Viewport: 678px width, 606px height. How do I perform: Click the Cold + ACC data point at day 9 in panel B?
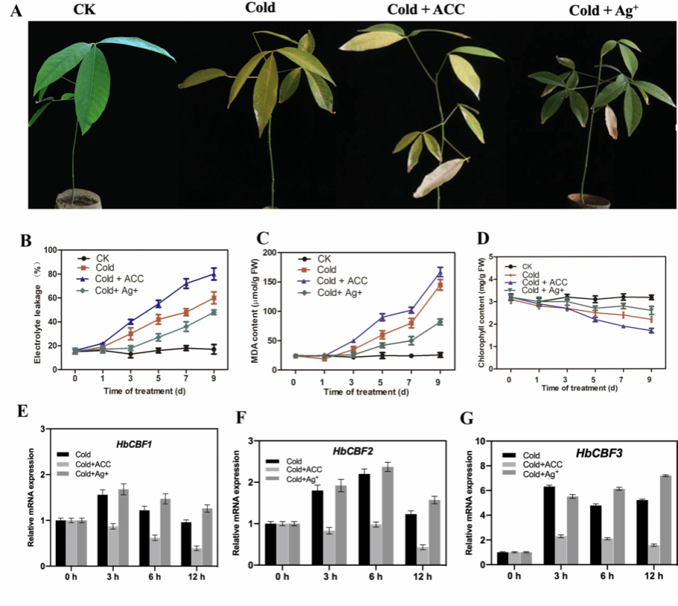point(215,274)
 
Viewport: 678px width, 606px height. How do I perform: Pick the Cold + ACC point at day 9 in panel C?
point(440,272)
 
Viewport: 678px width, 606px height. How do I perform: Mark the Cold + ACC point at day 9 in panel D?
point(652,330)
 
